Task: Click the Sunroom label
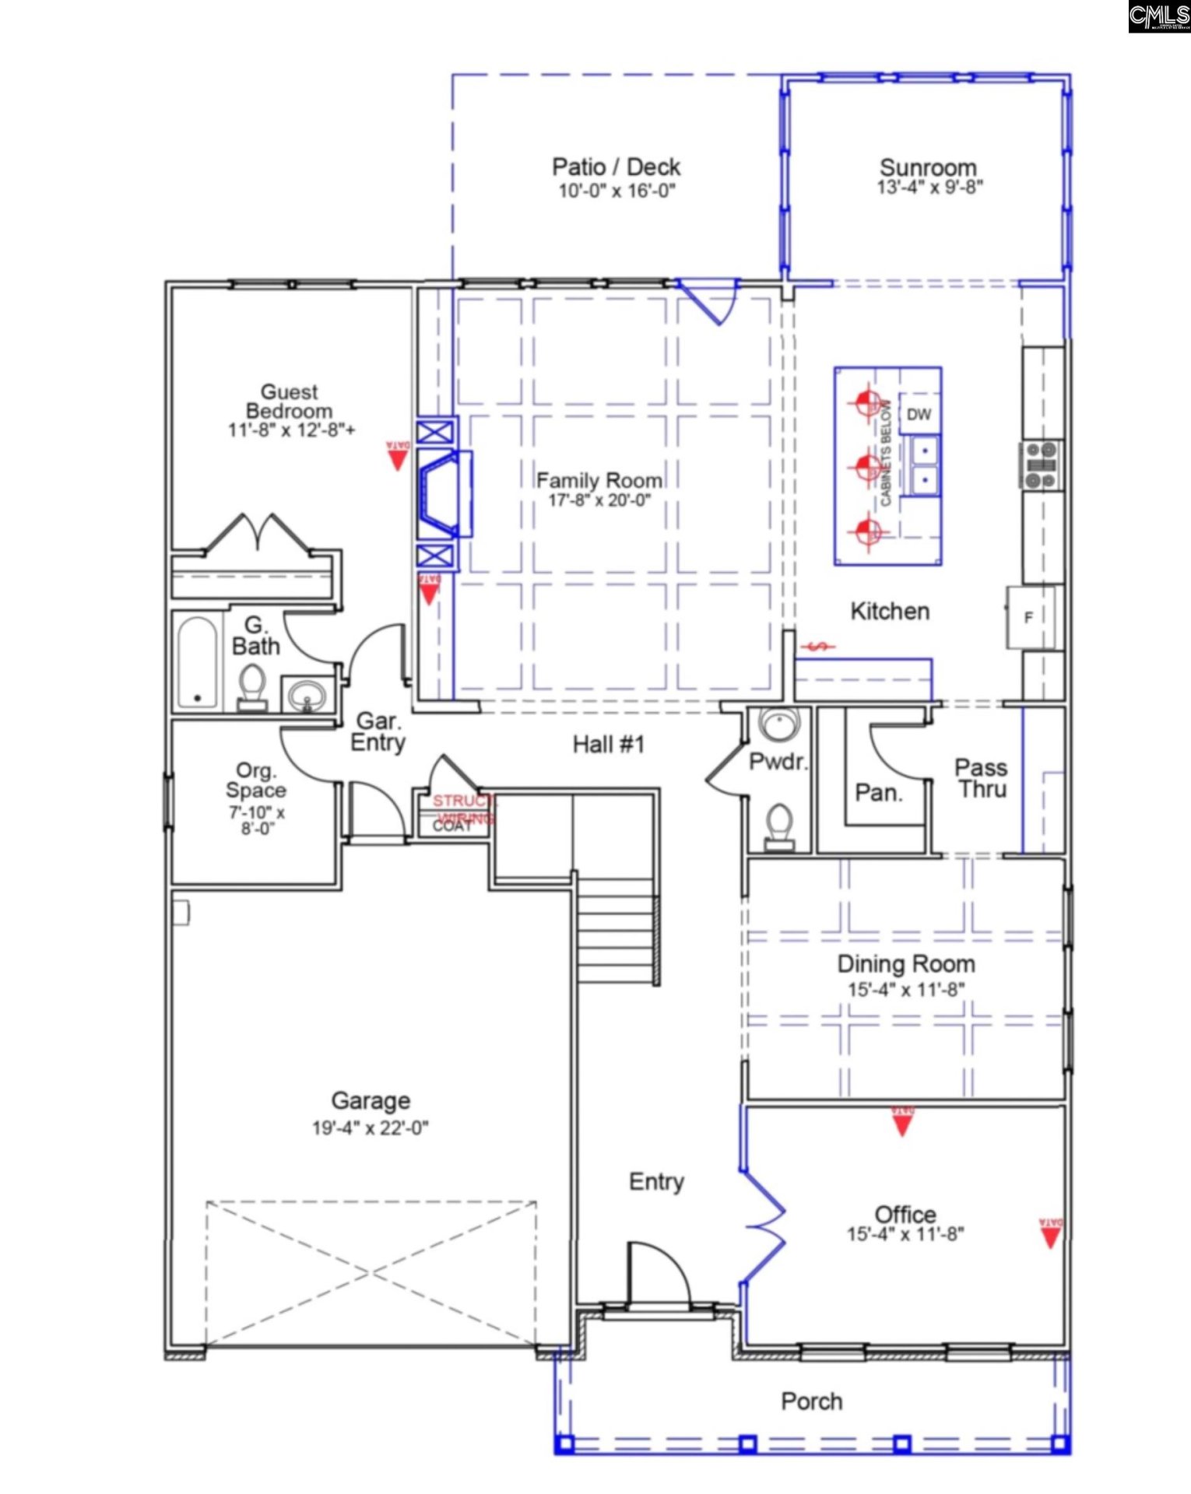click(928, 167)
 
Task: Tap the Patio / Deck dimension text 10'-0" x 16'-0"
click(616, 191)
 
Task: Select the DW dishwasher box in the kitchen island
click(919, 415)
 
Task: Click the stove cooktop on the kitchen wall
click(1042, 465)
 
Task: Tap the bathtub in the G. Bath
click(197, 662)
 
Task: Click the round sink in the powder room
click(776, 724)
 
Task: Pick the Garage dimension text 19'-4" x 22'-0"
click(370, 1128)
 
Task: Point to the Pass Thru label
click(981, 778)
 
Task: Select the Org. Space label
click(255, 780)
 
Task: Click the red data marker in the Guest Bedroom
click(398, 457)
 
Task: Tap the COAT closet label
click(452, 826)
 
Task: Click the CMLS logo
click(1158, 16)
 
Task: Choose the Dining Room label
click(905, 964)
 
